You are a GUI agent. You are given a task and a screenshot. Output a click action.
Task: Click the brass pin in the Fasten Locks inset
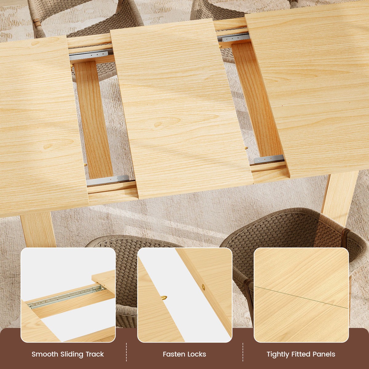pos(164,298)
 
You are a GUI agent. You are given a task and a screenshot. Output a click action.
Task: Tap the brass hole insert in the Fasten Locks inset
pos(203,287)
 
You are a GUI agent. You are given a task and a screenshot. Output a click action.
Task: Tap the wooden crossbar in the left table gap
pos(93,120)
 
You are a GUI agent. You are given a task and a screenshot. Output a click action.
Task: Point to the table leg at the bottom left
pos(38,230)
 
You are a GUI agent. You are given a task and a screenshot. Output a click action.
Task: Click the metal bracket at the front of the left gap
pos(108,180)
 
